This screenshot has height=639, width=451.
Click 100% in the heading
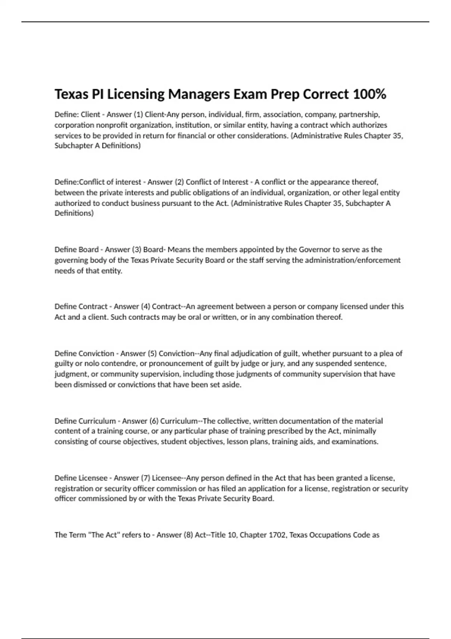[x=369, y=94]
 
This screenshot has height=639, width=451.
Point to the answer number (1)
[x=138, y=114]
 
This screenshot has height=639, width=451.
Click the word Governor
[x=314, y=250]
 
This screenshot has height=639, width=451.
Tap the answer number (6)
[x=154, y=421]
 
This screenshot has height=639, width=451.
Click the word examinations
[x=355, y=441]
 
